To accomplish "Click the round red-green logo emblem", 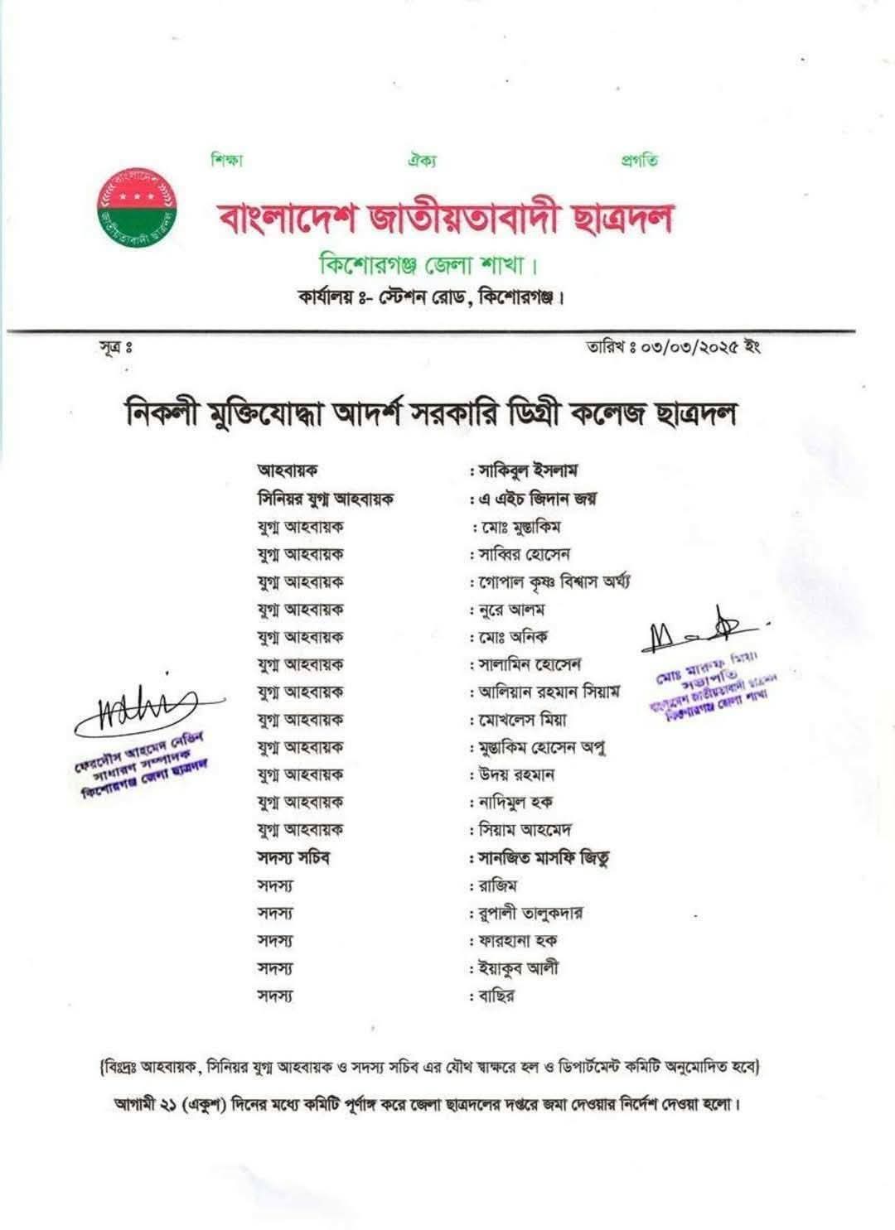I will point(138,205).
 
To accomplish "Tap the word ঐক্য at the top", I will point(422,160).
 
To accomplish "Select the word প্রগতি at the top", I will point(639,160).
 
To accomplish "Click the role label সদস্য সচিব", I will point(294,858).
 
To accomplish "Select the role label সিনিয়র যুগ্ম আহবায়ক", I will point(325,499).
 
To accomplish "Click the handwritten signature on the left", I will point(137,709).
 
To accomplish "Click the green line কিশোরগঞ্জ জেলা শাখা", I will point(429,267).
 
